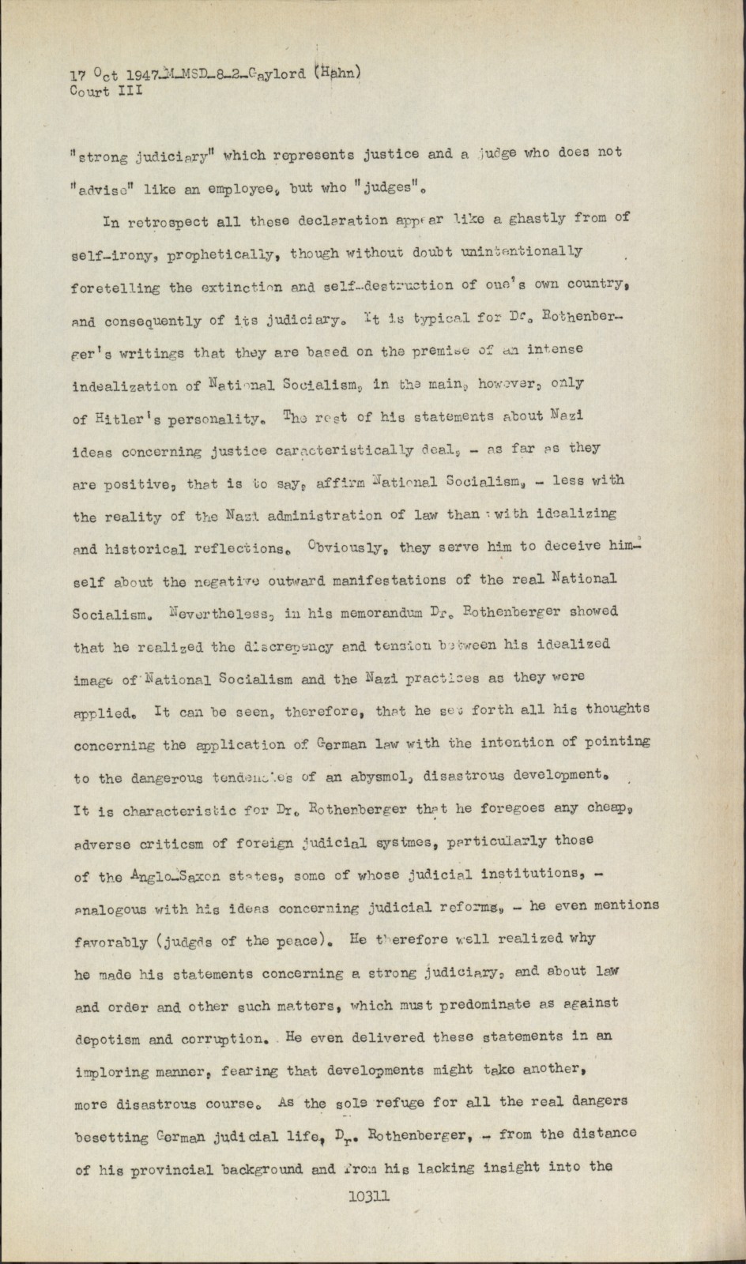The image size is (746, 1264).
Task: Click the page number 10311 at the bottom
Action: [368, 1195]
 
